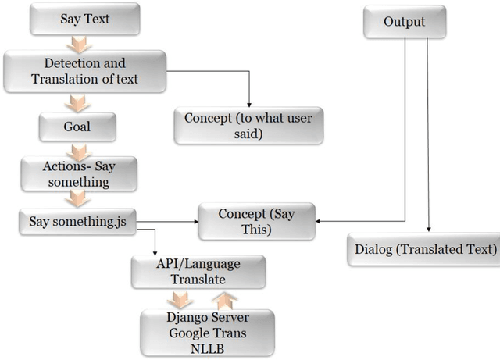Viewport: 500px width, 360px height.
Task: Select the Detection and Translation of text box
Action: (84, 70)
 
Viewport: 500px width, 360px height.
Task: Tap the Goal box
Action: (77, 126)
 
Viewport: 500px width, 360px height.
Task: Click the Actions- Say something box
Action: (78, 173)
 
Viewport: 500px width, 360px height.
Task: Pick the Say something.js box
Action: (77, 222)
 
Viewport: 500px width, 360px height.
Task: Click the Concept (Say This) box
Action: (257, 222)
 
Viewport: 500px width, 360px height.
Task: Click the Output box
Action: (404, 22)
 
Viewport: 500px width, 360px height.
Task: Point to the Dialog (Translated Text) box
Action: (426, 250)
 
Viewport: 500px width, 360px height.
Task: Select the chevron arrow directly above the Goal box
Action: (77, 103)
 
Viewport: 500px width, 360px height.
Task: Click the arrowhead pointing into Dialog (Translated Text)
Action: (429, 232)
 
